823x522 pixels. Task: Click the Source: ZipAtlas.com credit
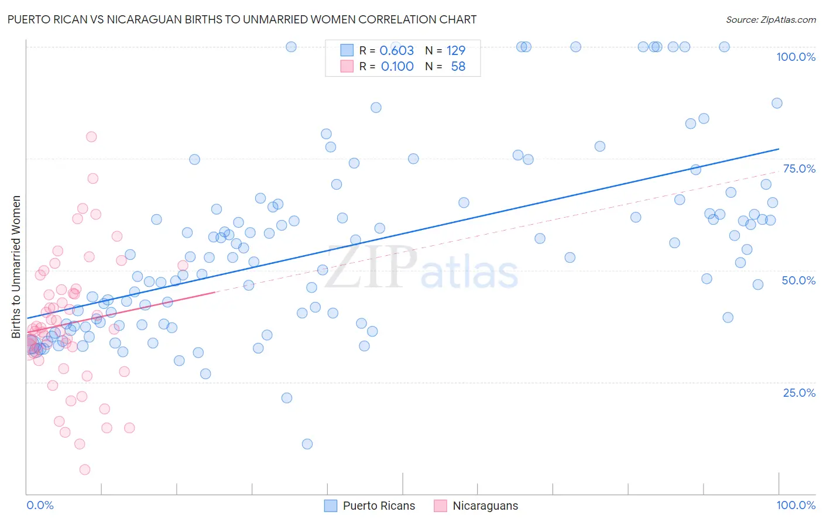[x=770, y=19]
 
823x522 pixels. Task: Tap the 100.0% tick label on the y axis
[x=795, y=57]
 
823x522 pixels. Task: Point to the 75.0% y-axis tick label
[x=799, y=169]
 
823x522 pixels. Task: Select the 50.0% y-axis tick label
[x=798, y=280]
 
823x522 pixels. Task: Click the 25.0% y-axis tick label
[x=799, y=392]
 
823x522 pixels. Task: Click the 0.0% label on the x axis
[x=40, y=505]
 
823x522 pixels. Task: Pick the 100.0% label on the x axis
[x=795, y=505]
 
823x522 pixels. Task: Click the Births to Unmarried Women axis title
[x=16, y=267]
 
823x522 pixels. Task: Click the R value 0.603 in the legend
[x=397, y=50]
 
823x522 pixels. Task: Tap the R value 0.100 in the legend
[x=397, y=67]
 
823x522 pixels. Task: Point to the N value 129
[x=456, y=50]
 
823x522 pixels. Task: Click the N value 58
[x=458, y=67]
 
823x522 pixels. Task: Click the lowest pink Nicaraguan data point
[x=85, y=469]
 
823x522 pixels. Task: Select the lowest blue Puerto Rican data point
[x=307, y=444]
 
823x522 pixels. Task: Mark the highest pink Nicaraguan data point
[x=91, y=136]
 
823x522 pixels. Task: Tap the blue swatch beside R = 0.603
[x=347, y=50]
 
